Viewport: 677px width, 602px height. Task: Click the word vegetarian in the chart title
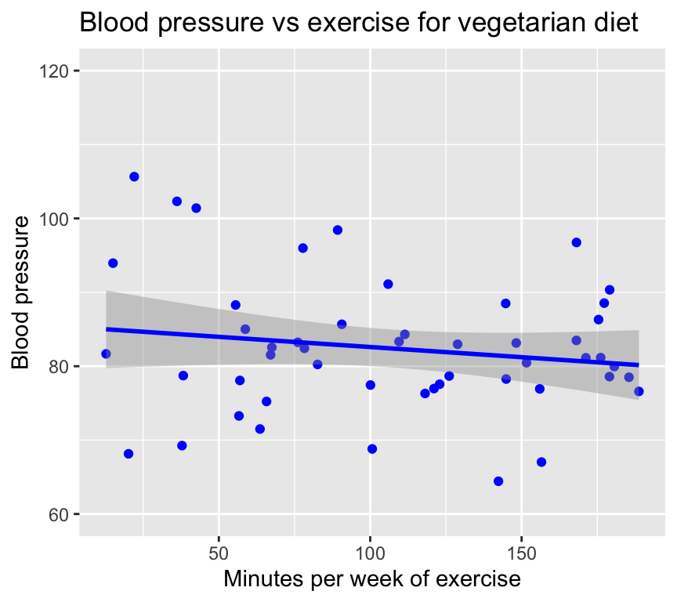coord(509,24)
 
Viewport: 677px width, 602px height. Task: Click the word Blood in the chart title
coord(114,24)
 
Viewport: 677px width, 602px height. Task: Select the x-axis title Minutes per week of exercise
coord(372,579)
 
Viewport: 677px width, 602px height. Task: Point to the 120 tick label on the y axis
coord(54,71)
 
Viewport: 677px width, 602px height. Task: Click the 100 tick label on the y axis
coord(54,219)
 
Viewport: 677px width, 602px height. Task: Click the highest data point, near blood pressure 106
coord(134,177)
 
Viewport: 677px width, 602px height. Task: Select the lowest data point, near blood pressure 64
coord(498,481)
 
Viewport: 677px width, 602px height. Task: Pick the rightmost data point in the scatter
coord(639,391)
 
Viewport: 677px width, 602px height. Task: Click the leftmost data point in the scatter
coord(106,354)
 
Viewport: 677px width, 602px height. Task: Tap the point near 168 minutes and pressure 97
coord(576,242)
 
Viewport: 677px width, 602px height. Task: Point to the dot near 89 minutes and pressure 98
coord(338,230)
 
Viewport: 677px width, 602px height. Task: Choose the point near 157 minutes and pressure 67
coord(541,462)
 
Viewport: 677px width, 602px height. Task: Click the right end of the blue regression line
coord(639,364)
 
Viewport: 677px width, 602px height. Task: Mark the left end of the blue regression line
coord(107,329)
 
